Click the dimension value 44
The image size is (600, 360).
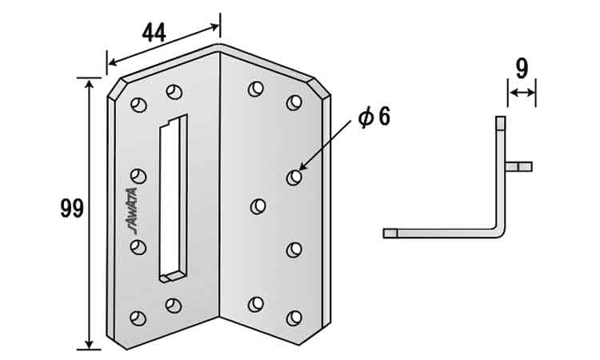coord(154,33)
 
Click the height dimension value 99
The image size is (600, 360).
coord(72,209)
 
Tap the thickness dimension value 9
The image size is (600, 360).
coord(522,69)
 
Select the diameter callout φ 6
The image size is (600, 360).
coord(374,117)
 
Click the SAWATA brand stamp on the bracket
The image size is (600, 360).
coord(132,210)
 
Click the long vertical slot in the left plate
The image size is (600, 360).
coord(174,198)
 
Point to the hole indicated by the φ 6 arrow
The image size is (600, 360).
coord(294,177)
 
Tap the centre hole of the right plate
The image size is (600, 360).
coord(258,206)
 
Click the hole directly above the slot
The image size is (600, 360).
coord(174,92)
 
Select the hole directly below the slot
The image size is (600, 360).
coord(174,306)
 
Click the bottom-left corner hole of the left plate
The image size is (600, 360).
coord(138,318)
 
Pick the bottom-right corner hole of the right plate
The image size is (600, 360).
coord(294,318)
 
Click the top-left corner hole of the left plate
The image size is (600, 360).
coord(138,105)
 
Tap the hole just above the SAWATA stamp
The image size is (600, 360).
coord(138,176)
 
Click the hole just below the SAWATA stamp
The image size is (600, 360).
coord(138,247)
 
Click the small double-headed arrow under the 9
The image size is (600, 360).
coord(522,93)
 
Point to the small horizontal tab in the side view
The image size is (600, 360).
coord(519,166)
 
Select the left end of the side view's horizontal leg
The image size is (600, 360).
coord(384,234)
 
